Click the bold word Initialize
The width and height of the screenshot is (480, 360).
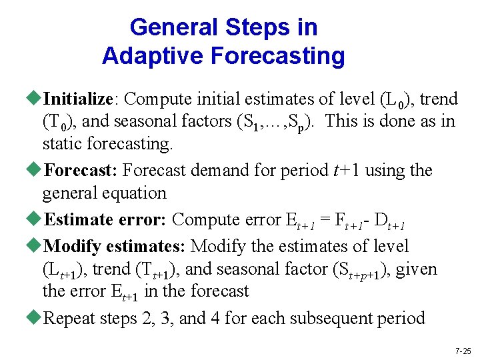78,99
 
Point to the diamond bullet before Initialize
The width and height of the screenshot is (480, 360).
36,99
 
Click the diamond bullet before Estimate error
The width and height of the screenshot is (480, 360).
36,219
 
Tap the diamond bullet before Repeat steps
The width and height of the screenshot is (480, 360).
36,318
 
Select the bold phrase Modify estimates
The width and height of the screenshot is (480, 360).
114,246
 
